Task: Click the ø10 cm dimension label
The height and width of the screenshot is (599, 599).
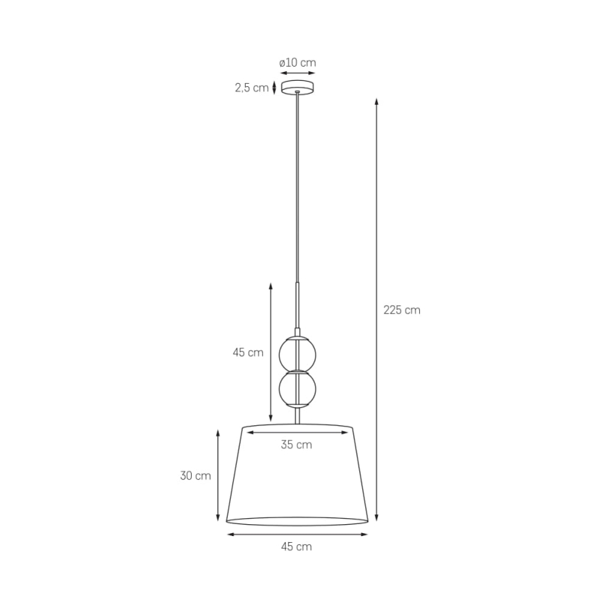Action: pos(297,62)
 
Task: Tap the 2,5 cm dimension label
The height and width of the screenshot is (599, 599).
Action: pos(252,88)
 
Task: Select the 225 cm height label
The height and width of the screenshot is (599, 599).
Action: pos(402,310)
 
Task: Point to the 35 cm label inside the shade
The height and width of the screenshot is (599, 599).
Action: pos(297,445)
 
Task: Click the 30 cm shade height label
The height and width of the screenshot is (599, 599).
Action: pos(195,475)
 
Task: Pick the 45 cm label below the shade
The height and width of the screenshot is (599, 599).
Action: pos(297,547)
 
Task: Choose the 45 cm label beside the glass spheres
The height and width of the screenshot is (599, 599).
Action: pos(248,352)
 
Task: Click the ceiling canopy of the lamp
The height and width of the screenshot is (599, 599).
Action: pos(298,87)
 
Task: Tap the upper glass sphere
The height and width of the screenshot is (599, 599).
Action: pos(297,354)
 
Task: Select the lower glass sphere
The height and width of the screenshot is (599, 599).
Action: pos(297,389)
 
